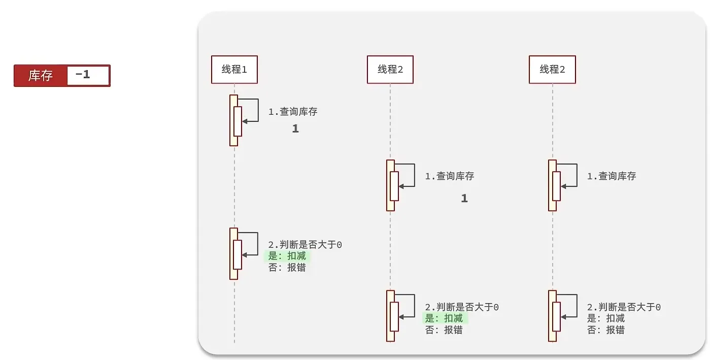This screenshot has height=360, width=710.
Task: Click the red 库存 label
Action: pyautogui.click(x=41, y=76)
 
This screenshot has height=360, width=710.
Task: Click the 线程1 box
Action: pyautogui.click(x=234, y=70)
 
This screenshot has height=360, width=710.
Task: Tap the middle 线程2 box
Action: pyautogui.click(x=390, y=70)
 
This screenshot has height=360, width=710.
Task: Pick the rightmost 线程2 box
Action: pyautogui.click(x=552, y=70)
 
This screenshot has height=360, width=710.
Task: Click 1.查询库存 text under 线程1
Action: pyautogui.click(x=293, y=112)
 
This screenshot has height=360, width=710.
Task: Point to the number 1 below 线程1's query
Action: pyautogui.click(x=295, y=129)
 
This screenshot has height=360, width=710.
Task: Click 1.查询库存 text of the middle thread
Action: pyautogui.click(x=450, y=176)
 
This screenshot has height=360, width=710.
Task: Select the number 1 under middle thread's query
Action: pyautogui.click(x=464, y=199)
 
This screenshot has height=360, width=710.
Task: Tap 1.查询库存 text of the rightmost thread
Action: pyautogui.click(x=612, y=176)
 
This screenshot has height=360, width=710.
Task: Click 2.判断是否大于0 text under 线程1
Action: pyautogui.click(x=305, y=245)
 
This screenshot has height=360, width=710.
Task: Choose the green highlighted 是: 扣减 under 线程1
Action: pyautogui.click(x=287, y=256)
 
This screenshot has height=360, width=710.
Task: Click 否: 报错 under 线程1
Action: pyautogui.click(x=287, y=268)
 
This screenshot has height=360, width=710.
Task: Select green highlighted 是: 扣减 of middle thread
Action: pyautogui.click(x=444, y=318)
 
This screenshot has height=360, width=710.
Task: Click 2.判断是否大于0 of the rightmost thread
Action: pyautogui.click(x=624, y=307)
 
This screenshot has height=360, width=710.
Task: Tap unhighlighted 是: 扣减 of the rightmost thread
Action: pyautogui.click(x=606, y=318)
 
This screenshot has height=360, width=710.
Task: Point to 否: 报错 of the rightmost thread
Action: pyautogui.click(x=606, y=330)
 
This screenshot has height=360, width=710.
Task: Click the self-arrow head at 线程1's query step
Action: pyautogui.click(x=245, y=121)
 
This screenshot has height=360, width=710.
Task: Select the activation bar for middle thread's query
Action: pyautogui.click(x=390, y=185)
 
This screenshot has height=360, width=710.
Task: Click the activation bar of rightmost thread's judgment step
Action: pyautogui.click(x=552, y=316)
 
